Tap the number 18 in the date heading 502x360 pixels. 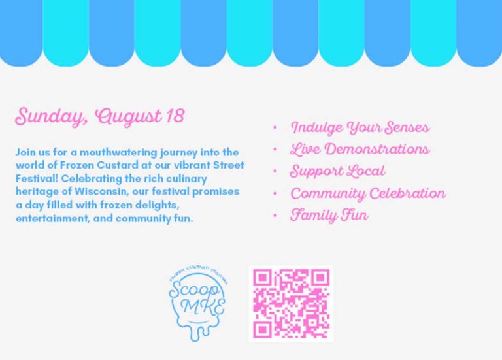[x=175, y=116]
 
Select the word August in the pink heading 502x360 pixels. [x=128, y=117]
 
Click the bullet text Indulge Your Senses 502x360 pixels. [x=360, y=127]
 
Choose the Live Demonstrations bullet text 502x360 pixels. [x=360, y=149]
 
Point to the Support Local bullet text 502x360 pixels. [x=337, y=171]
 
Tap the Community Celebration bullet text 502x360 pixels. [x=368, y=193]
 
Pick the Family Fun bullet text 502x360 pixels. [x=329, y=215]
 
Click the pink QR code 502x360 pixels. [x=291, y=304]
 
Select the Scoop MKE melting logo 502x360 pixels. [x=198, y=303]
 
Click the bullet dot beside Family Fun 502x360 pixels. [x=275, y=216]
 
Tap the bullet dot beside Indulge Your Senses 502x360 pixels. [x=275, y=127]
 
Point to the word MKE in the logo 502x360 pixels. [x=203, y=307]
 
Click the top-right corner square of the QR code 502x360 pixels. [x=321, y=278]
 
